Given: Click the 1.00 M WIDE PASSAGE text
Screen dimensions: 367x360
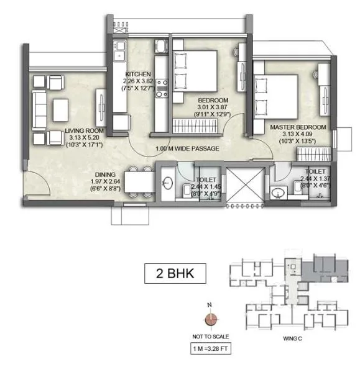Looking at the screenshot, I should (187, 149).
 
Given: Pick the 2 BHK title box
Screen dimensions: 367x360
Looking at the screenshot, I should (175, 273).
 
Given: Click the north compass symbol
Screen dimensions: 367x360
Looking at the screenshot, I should (211, 320).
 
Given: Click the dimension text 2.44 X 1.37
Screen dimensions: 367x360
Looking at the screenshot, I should (314, 176).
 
